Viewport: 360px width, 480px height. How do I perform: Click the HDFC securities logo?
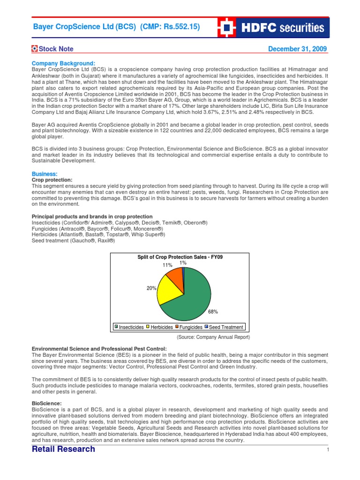click(273, 28)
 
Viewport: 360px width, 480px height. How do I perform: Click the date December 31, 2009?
click(297, 49)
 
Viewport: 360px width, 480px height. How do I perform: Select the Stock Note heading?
click(52, 49)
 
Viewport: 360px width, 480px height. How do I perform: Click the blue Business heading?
click(45, 173)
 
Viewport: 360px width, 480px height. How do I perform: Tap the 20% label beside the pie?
click(151, 288)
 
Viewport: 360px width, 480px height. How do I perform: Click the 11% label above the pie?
click(167, 265)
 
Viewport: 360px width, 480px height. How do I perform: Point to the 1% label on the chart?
click(183, 263)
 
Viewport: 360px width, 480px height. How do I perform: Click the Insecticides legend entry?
click(129, 327)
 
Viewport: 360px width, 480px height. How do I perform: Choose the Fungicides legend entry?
click(189, 327)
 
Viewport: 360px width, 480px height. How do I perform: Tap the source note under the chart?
click(213, 337)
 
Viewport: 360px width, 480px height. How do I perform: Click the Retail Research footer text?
click(63, 449)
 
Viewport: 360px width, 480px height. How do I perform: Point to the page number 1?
click(328, 450)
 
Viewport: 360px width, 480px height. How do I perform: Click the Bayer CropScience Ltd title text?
click(116, 27)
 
